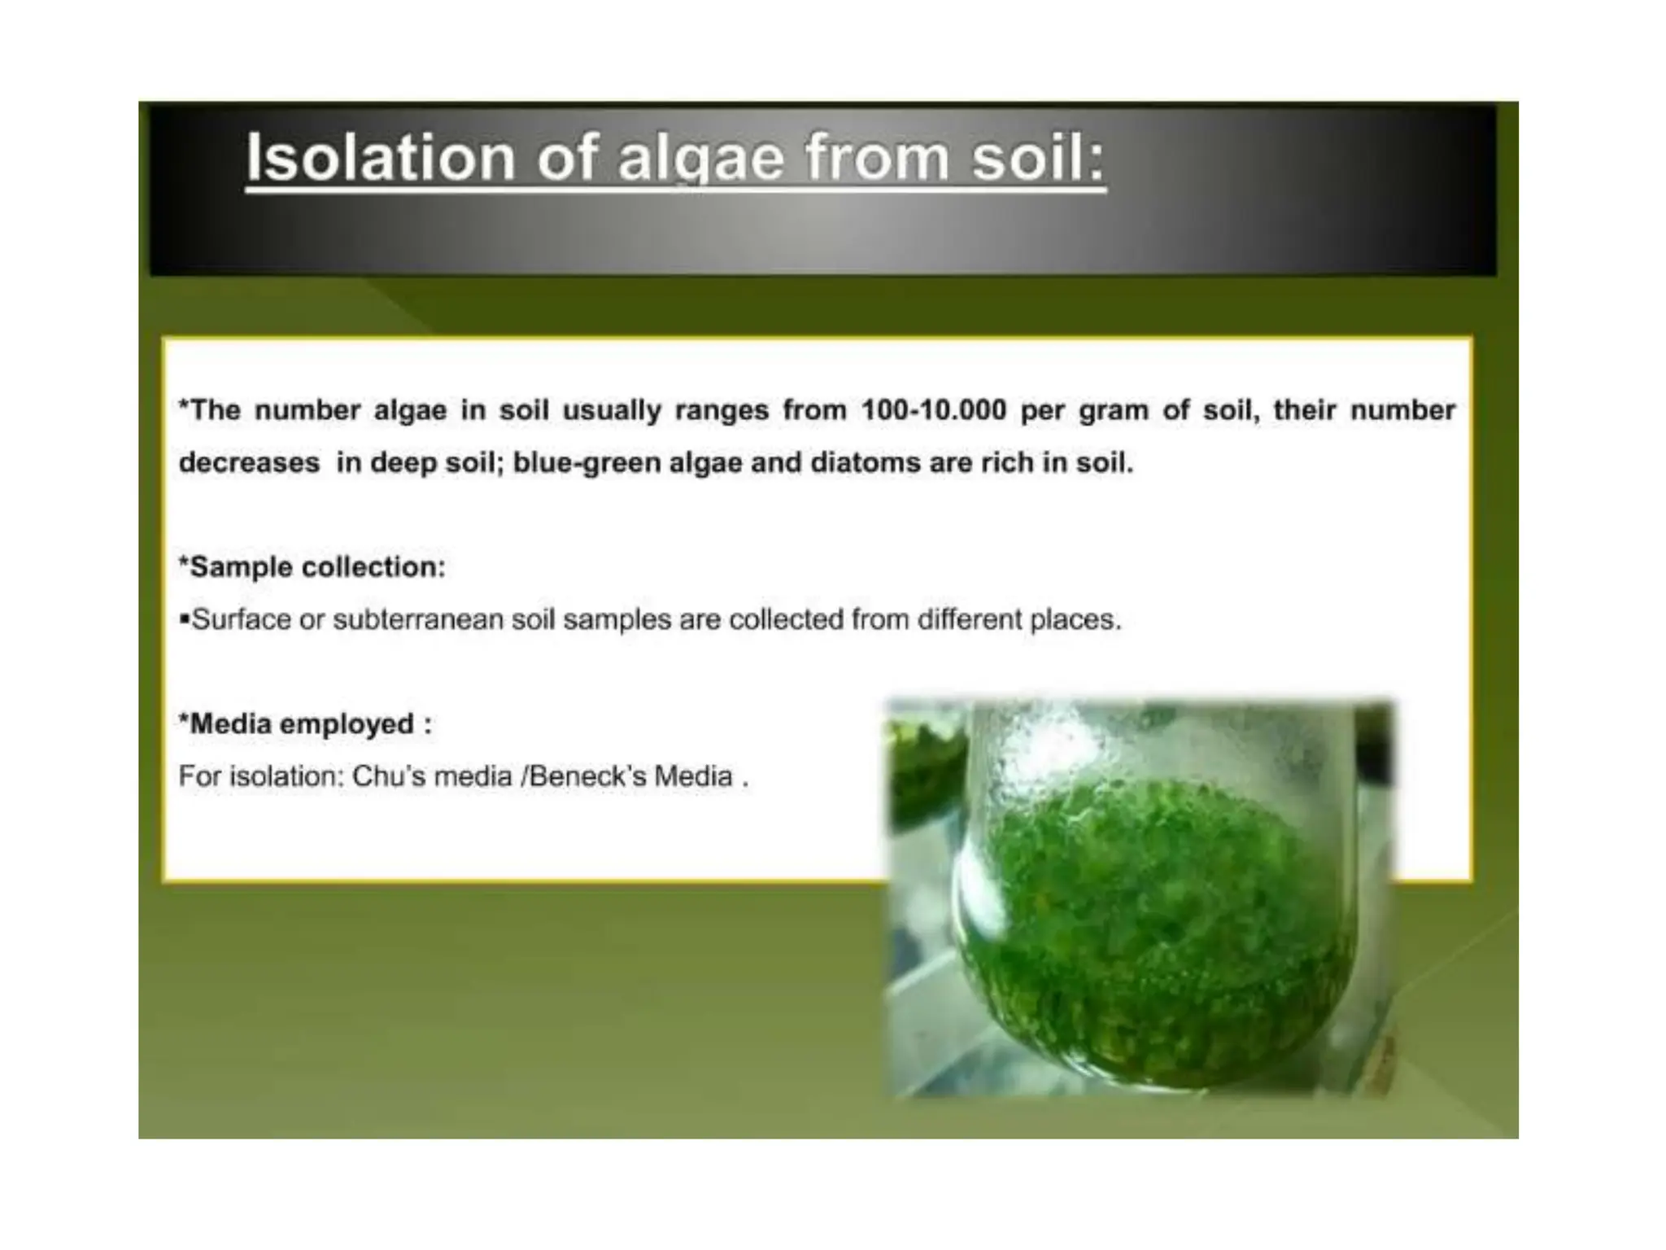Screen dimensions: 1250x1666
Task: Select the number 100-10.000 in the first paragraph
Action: tap(934, 410)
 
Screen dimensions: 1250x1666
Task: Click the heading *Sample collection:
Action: tap(312, 567)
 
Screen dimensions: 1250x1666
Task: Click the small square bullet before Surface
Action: tap(184, 620)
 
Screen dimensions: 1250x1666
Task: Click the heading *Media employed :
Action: tap(305, 724)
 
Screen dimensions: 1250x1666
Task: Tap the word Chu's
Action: tap(386, 776)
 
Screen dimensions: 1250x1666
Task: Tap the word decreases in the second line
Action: tap(249, 463)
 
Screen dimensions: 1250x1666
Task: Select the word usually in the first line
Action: tap(612, 410)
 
